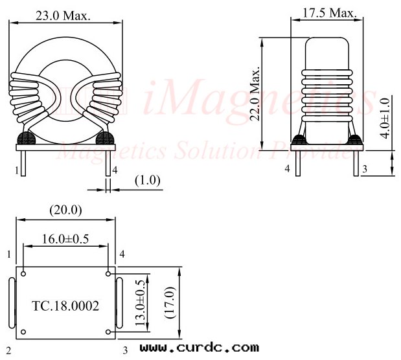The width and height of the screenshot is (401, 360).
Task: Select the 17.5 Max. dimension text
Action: (x=328, y=13)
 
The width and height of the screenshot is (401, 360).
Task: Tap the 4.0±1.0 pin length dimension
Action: (x=386, y=118)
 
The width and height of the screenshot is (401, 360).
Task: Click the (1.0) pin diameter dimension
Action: (x=148, y=181)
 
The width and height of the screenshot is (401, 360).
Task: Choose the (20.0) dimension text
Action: (x=65, y=210)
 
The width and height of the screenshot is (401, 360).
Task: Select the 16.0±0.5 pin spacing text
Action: (x=65, y=238)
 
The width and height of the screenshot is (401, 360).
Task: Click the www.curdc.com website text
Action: (x=199, y=348)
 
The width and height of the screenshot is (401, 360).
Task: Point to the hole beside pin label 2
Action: (x=23, y=333)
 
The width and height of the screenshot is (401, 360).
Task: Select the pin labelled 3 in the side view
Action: (x=355, y=164)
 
